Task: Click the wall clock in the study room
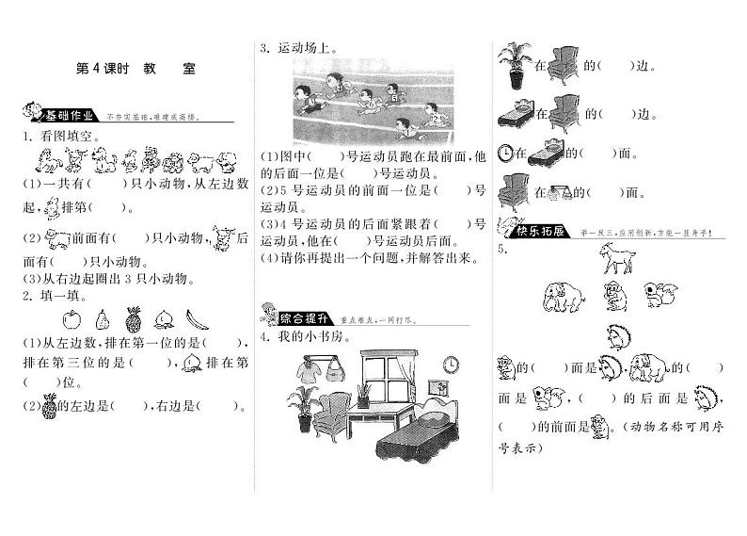click(451, 362)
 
